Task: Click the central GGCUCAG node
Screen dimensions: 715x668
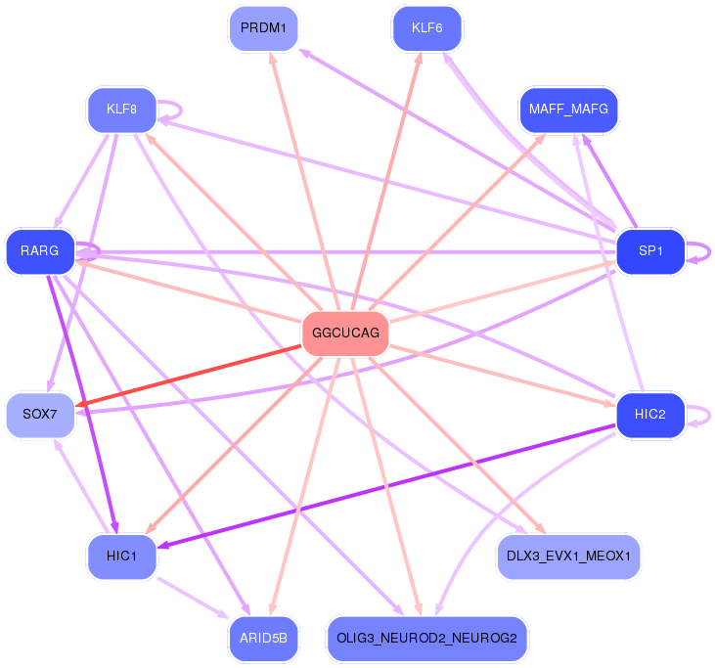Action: click(345, 334)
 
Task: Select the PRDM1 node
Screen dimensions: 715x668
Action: click(263, 28)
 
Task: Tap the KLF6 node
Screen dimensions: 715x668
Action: click(427, 28)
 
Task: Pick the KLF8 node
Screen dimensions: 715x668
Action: click(121, 110)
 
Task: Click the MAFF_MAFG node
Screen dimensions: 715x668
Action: click(568, 110)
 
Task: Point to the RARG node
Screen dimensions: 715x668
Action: click(40, 251)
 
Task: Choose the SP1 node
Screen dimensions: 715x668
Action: click(650, 251)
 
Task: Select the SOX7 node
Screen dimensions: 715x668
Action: click(40, 415)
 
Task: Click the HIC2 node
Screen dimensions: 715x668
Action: click(650, 415)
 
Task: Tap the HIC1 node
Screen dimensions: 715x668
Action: click(121, 557)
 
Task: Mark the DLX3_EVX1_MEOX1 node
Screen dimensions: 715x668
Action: click(568, 557)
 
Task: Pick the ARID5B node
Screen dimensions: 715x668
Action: click(263, 639)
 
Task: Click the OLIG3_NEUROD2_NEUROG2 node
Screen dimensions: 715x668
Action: click(427, 639)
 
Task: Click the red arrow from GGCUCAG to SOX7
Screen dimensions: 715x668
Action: click(189, 376)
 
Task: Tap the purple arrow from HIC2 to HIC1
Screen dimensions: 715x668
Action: click(386, 486)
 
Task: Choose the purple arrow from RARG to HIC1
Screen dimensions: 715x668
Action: click(82, 404)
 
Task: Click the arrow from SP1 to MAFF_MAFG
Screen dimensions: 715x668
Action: click(609, 182)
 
